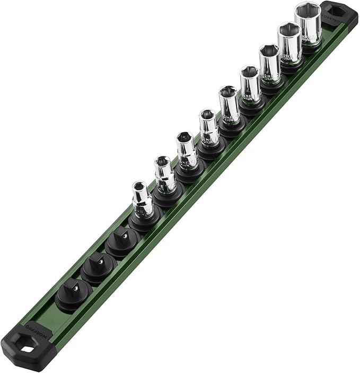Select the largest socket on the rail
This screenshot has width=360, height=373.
tap(308, 24)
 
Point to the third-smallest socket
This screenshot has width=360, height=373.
tap(187, 151)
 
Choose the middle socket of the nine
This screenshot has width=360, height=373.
tap(229, 105)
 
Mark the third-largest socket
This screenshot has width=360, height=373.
tap(270, 64)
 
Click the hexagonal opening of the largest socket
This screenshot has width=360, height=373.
tap(308, 10)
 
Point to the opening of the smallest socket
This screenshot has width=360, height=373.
tap(139, 186)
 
